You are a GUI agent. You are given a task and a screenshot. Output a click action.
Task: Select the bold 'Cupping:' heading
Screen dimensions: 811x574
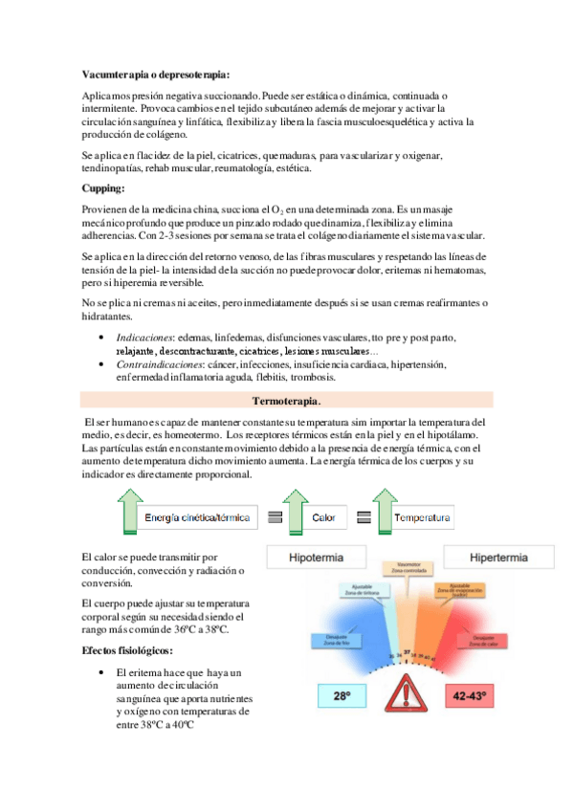pos(106,189)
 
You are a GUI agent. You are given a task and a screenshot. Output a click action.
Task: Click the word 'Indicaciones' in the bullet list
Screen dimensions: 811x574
pos(143,339)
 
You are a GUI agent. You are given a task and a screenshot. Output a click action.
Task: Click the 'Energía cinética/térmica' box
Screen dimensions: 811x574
pos(197,517)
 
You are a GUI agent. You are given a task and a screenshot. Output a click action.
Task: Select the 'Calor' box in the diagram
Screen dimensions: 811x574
pos(323,517)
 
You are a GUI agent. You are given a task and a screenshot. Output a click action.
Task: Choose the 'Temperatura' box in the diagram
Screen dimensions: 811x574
pos(422,517)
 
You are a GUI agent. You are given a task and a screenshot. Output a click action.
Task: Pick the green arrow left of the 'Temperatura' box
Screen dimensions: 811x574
pos(375,511)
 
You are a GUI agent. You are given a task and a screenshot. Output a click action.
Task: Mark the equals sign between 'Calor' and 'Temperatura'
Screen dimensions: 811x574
pos(364,517)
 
